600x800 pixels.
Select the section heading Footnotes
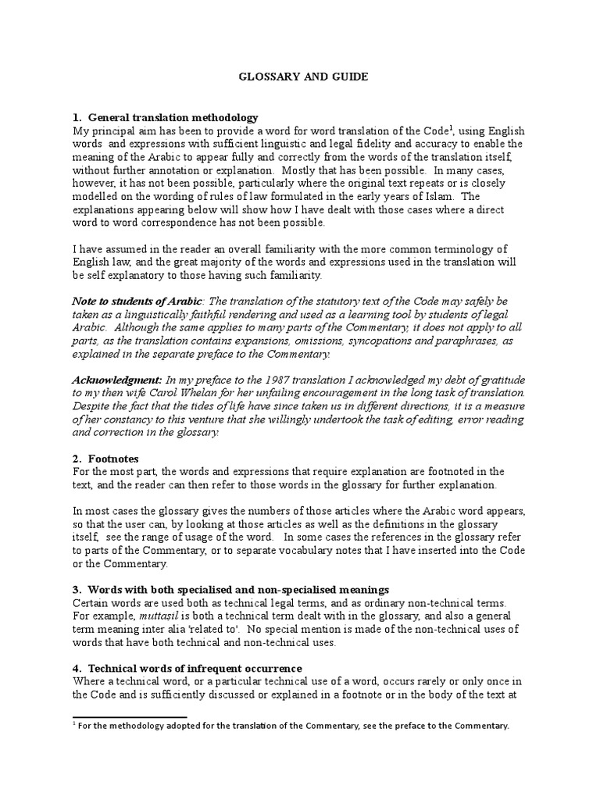point(113,459)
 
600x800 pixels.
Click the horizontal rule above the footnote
point(130,716)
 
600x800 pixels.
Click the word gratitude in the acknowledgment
point(507,379)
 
